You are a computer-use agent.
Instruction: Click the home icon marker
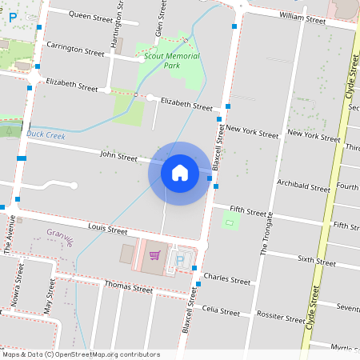[180, 173]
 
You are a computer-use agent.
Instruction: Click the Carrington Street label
[76, 51]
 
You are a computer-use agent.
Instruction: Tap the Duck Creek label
[45, 134]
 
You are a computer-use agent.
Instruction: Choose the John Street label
[118, 156]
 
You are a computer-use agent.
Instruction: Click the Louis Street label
[108, 230]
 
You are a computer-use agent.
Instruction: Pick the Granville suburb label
[60, 238]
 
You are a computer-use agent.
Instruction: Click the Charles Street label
[227, 280]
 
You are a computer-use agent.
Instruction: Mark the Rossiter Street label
[279, 315]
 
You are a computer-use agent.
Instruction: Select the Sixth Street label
[316, 261]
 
